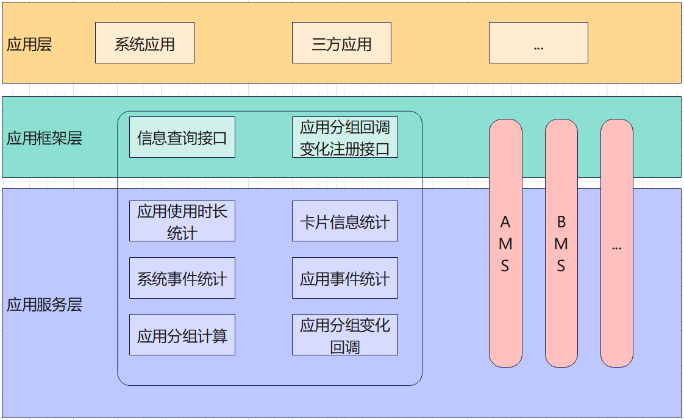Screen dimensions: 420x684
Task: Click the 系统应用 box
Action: (x=144, y=43)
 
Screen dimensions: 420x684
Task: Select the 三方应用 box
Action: (x=341, y=43)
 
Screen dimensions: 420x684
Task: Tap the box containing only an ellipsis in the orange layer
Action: (x=538, y=43)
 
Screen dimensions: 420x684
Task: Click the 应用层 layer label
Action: (x=29, y=44)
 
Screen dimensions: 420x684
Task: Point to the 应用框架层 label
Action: (x=44, y=138)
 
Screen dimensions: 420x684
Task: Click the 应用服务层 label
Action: (x=44, y=305)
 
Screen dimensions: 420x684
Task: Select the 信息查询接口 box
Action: (x=182, y=137)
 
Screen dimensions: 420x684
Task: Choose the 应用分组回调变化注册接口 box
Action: (x=344, y=137)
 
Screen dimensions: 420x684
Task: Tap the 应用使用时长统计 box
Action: (x=182, y=221)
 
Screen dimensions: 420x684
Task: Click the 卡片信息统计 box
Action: (x=344, y=221)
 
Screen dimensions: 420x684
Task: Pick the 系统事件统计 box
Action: (x=182, y=278)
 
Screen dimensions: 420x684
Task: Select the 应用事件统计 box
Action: (x=344, y=278)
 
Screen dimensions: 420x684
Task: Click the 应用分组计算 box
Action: (x=182, y=335)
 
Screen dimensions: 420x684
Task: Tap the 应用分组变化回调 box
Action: (x=344, y=335)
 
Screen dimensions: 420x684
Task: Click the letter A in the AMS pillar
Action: (x=505, y=222)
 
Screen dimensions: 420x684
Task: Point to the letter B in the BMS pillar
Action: (x=561, y=222)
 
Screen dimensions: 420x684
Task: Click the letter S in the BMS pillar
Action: (x=561, y=266)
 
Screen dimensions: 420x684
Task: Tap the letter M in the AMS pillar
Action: (x=505, y=244)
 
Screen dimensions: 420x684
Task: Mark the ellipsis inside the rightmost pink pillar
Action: (x=616, y=247)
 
